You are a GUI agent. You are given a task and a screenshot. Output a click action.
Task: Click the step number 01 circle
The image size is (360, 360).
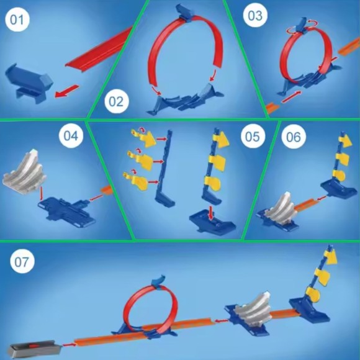pos(17,19)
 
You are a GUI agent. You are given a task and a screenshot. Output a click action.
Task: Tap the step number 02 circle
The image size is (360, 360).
pos(117,101)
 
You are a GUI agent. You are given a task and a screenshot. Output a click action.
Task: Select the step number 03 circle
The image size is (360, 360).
pos(255,16)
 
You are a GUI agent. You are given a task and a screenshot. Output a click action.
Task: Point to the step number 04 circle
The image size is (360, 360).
pos(71,135)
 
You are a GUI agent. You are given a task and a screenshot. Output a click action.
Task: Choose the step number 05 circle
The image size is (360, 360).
pos(253,137)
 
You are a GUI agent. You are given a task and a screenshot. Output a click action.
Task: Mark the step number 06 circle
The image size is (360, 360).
pos(294,137)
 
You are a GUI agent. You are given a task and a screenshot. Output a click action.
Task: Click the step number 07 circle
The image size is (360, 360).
pos(22,261)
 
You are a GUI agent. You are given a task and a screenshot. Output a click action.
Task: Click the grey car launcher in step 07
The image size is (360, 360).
pos(34,348)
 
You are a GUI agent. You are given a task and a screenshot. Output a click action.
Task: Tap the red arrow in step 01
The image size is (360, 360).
pos(67,91)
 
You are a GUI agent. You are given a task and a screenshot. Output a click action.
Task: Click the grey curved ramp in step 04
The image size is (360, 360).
pos(25,171)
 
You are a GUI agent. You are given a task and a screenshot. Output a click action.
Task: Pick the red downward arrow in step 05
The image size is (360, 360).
pos(210,213)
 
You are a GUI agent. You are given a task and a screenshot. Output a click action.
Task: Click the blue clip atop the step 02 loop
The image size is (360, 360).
pos(185,13)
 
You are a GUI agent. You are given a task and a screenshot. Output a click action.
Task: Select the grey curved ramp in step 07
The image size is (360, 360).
pos(253,308)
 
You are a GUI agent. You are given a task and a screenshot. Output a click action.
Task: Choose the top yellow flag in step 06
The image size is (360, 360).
pos(345,140)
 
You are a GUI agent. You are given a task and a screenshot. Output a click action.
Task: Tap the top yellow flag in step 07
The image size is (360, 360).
pos(330,257)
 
